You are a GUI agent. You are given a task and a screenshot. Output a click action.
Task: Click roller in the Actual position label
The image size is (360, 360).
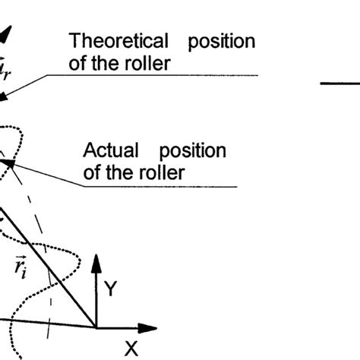click(x=163, y=175)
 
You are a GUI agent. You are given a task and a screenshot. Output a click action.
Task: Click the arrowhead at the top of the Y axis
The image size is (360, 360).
click(x=96, y=263)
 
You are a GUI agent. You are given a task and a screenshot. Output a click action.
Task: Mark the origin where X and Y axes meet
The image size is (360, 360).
click(x=96, y=329)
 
